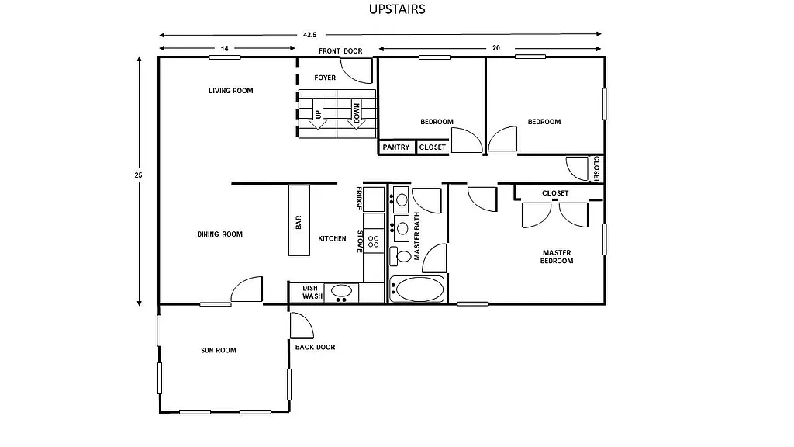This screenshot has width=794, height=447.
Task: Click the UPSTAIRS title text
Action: [x=396, y=10]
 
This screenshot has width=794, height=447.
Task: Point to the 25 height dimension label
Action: [x=138, y=175]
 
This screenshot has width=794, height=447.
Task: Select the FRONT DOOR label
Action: [x=340, y=51]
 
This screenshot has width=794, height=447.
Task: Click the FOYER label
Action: [x=325, y=78]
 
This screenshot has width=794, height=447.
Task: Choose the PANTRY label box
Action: [x=396, y=147]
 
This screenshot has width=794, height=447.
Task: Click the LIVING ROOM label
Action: [x=230, y=91]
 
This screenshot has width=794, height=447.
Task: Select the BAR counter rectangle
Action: [x=299, y=220]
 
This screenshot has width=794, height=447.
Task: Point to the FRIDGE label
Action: [x=359, y=198]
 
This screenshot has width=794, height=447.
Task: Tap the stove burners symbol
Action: [x=374, y=241]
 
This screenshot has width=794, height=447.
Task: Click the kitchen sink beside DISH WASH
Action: [x=341, y=292]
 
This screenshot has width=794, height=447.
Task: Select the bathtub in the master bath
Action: [x=417, y=289]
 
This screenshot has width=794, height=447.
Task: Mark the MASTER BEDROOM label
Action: [x=557, y=257]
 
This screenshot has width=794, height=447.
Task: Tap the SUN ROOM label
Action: [x=219, y=351]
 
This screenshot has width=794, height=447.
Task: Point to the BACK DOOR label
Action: [x=315, y=347]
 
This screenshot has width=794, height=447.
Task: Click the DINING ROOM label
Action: [x=219, y=234]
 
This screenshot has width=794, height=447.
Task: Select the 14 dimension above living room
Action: [x=224, y=49]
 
